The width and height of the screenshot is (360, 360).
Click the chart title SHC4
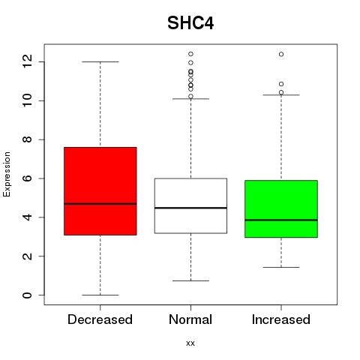coord(190,23)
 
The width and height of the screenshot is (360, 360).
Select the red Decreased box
coord(100,191)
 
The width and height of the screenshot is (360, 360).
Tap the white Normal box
coord(190,205)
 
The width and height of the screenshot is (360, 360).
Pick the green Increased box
coord(281,208)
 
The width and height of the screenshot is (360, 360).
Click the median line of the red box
coord(100,204)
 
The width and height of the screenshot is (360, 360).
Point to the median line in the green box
coord(281,220)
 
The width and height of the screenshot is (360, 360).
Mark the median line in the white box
coord(190,208)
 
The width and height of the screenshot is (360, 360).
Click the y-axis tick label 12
coord(28,61)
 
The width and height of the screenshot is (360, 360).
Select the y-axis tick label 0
coord(28,295)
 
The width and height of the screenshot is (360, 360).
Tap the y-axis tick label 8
coord(28,139)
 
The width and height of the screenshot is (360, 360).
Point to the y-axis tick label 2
coord(28,256)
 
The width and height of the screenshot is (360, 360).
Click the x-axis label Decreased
coord(100,319)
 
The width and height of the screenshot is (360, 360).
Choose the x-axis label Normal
coord(190,319)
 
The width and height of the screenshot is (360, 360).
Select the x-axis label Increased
coord(281,319)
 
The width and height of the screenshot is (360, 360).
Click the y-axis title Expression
coord(7,174)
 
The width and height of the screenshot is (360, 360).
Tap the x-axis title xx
coord(190,343)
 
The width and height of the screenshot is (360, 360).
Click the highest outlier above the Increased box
coord(281,54)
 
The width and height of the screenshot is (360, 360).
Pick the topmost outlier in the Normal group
coord(190,54)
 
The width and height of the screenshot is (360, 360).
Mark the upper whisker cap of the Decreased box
coord(100,61)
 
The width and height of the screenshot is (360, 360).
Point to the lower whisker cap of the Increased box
coord(281,267)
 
